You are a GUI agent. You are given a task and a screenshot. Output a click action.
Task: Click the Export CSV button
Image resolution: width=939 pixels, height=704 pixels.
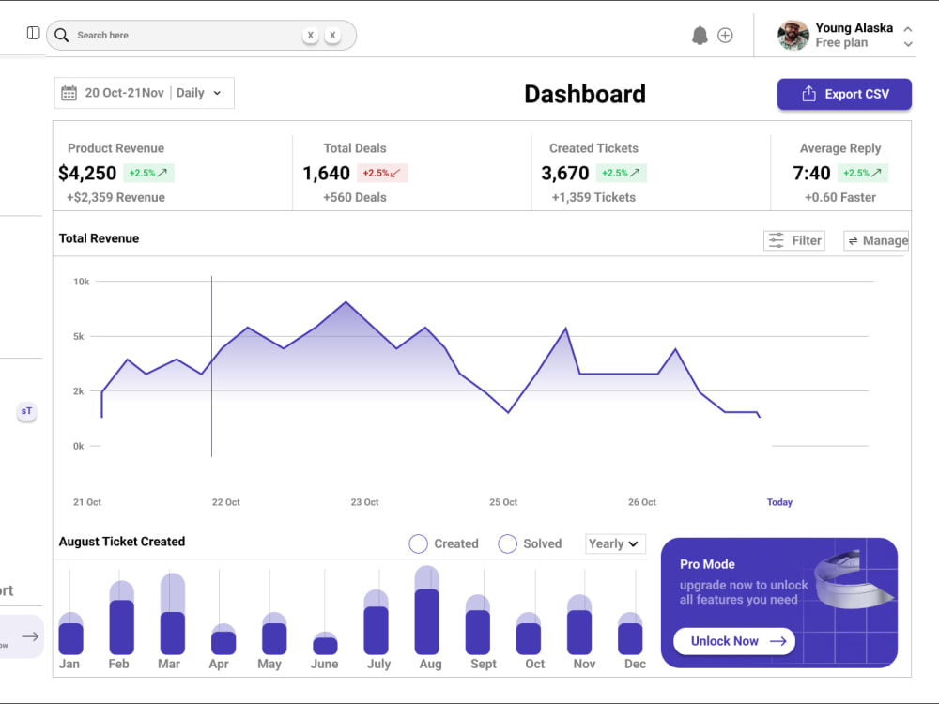click(x=844, y=94)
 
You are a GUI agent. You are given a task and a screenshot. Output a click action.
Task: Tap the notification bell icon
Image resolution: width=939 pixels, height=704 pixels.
click(x=700, y=36)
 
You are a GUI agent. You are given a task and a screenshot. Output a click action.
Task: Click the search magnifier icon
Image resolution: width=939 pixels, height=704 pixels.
click(x=62, y=36)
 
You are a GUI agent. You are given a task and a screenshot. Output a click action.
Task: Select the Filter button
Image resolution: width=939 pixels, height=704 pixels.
click(x=794, y=240)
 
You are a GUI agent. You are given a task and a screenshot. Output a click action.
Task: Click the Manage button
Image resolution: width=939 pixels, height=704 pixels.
click(x=876, y=240)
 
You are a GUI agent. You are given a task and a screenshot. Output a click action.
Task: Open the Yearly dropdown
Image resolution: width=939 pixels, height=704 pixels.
click(x=615, y=543)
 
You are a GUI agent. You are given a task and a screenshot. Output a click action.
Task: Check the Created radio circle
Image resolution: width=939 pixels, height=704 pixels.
click(x=418, y=543)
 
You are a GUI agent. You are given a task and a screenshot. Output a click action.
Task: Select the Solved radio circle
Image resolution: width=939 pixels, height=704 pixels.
click(x=507, y=543)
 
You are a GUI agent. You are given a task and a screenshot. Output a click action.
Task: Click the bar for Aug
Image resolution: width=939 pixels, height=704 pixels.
click(x=427, y=611)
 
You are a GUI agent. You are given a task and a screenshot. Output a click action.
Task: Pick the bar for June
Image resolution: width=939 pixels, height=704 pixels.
click(x=325, y=644)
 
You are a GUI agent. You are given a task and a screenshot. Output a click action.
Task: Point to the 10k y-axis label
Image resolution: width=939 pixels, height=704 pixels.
click(x=82, y=282)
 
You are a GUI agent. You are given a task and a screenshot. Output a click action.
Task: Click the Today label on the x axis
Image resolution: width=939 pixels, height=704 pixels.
click(x=779, y=502)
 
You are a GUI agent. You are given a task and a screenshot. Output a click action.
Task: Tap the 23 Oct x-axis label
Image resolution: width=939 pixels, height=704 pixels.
click(x=364, y=502)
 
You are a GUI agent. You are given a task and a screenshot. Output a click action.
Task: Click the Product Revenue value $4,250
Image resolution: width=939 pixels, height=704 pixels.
click(x=87, y=173)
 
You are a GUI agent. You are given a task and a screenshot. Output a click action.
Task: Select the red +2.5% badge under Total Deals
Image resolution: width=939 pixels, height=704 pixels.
click(x=382, y=173)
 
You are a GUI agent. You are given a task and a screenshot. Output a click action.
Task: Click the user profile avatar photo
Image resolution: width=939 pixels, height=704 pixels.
click(x=793, y=36)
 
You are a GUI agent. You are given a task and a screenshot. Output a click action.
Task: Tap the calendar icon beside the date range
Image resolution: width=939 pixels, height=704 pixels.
click(x=69, y=93)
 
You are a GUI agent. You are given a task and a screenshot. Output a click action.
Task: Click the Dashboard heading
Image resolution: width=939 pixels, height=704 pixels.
click(x=585, y=94)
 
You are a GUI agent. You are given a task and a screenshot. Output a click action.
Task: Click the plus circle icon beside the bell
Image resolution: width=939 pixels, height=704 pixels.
click(x=725, y=36)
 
